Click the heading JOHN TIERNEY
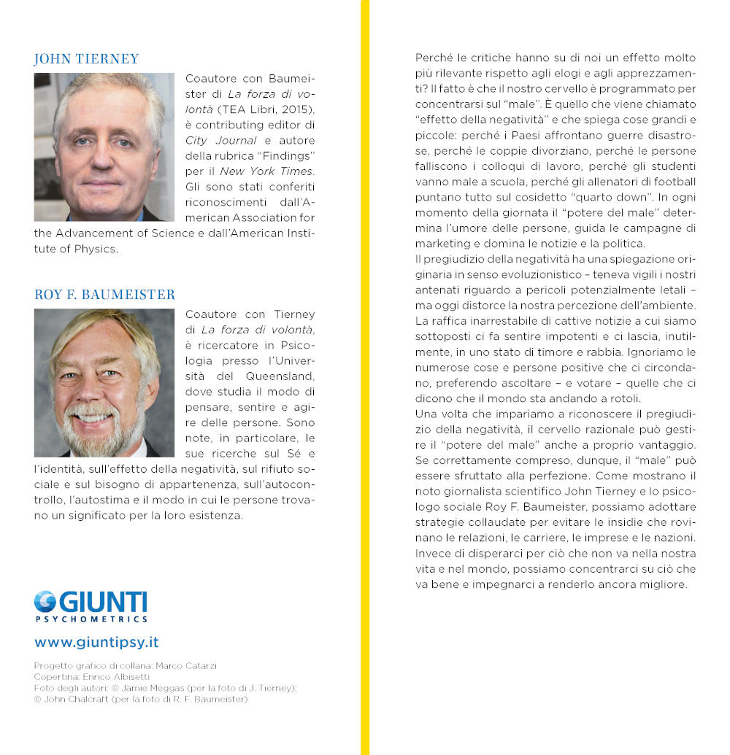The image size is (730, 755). (86, 59)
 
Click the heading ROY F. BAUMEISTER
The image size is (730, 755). (104, 295)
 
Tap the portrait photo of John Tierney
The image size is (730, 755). (104, 147)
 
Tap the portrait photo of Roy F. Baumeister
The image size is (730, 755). (104, 383)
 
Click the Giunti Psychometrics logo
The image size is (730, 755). (91, 606)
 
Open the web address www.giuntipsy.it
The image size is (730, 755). (96, 643)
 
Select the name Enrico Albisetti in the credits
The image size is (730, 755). (120, 677)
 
